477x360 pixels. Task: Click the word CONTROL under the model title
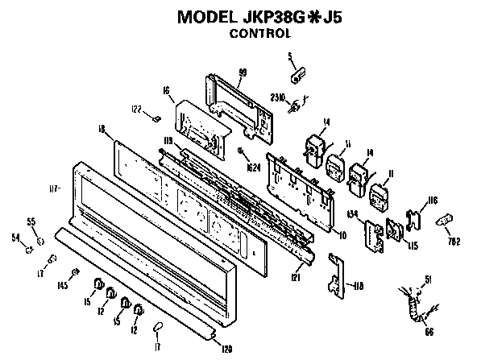point(259,34)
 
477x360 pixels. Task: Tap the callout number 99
point(242,72)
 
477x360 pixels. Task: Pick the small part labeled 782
point(442,220)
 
